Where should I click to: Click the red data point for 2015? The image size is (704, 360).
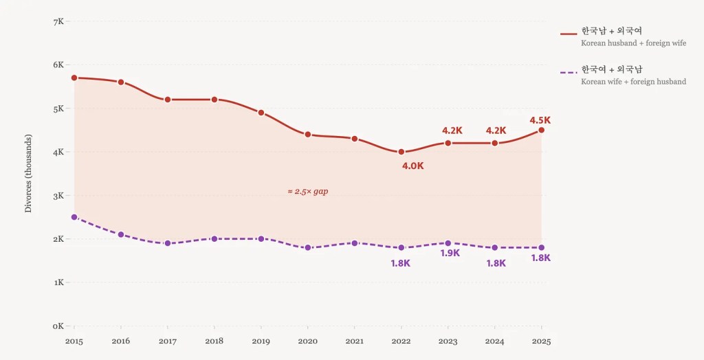pyautogui.click(x=74, y=78)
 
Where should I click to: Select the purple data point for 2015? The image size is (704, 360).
pyautogui.click(x=74, y=217)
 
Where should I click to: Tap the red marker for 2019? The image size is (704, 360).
pyautogui.click(x=261, y=113)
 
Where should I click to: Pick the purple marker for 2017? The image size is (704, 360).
pyautogui.click(x=168, y=243)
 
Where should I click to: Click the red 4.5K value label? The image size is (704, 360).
pyautogui.click(x=540, y=120)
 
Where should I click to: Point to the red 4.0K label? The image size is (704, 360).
pyautogui.click(x=412, y=166)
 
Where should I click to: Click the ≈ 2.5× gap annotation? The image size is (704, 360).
pyautogui.click(x=307, y=191)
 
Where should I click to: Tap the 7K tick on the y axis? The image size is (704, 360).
pyautogui.click(x=58, y=21)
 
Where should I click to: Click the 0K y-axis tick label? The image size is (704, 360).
pyautogui.click(x=58, y=326)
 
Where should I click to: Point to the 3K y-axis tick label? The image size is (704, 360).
pyautogui.click(x=58, y=196)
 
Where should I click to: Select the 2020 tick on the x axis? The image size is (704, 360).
pyautogui.click(x=307, y=341)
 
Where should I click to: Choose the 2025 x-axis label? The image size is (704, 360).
pyautogui.click(x=541, y=341)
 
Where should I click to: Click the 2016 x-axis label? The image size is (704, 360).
pyautogui.click(x=121, y=341)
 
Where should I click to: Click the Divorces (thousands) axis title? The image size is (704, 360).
pyautogui.click(x=28, y=174)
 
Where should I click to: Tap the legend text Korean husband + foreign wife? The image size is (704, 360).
pyautogui.click(x=633, y=43)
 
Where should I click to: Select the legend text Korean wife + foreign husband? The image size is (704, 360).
pyautogui.click(x=633, y=82)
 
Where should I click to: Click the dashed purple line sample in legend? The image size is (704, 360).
pyautogui.click(x=568, y=71)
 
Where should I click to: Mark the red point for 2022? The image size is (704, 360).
pyautogui.click(x=401, y=152)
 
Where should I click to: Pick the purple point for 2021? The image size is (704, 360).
pyautogui.click(x=355, y=243)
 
